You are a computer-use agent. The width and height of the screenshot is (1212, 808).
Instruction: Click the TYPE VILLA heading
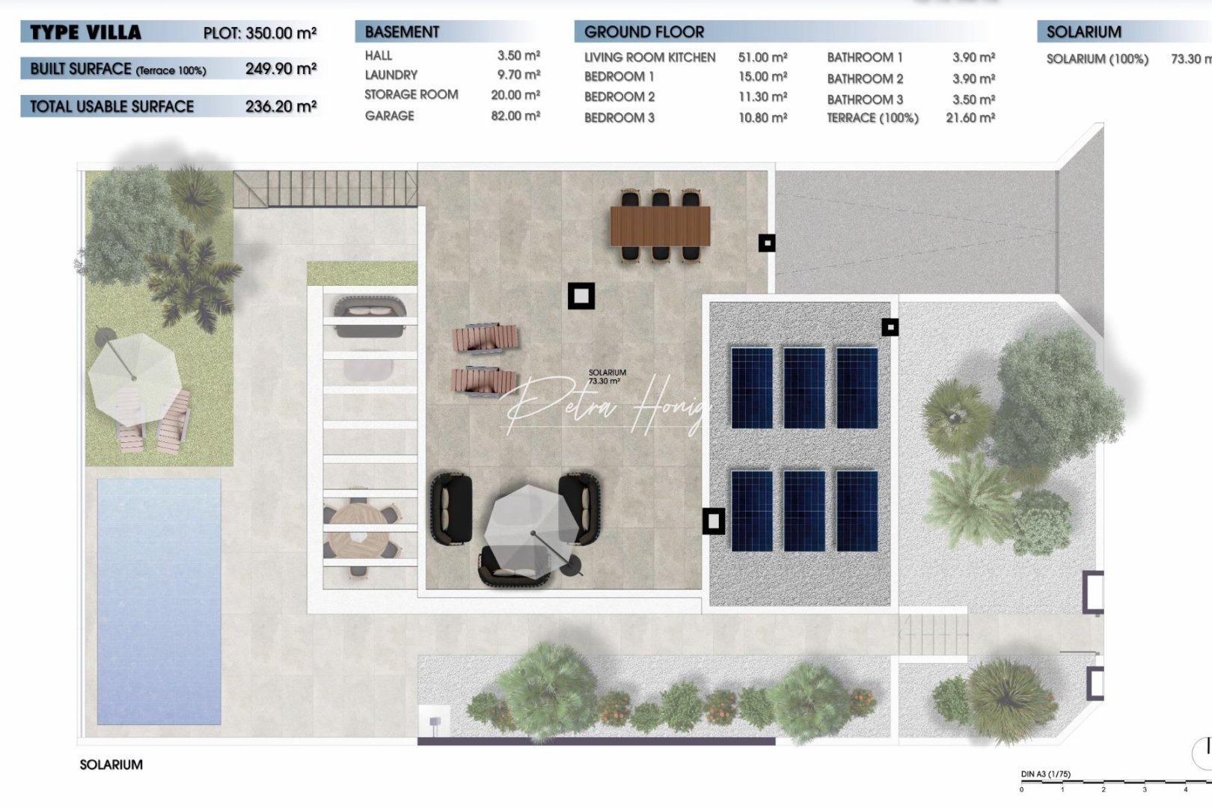85,32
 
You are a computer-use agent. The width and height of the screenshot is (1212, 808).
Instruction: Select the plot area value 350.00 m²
281,33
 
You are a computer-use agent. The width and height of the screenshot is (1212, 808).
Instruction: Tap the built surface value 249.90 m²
281,69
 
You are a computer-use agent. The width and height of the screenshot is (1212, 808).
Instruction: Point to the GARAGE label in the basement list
389,116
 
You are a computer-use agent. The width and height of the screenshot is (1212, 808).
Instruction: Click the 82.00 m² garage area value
515,116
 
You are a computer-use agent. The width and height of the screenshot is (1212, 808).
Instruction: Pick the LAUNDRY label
391,75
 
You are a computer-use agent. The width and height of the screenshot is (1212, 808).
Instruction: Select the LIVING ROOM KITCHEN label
649,58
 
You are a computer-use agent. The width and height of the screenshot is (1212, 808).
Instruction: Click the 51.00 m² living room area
762,58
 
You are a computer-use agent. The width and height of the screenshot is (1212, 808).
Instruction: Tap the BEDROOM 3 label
619,117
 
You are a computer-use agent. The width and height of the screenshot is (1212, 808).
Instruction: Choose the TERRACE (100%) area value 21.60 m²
970,117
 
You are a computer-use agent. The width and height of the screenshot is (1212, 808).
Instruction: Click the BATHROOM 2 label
865,79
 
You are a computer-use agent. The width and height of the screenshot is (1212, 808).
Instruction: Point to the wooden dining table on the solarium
660,226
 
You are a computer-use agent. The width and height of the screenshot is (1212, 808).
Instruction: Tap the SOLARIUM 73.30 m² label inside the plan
607,376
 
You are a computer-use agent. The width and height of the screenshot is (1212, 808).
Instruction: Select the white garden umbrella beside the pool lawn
135,370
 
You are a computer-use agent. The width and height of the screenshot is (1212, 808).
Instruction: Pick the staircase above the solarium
325,189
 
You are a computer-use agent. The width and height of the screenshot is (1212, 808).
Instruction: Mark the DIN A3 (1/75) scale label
1045,774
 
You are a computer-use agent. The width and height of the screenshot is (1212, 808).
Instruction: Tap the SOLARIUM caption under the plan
111,765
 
